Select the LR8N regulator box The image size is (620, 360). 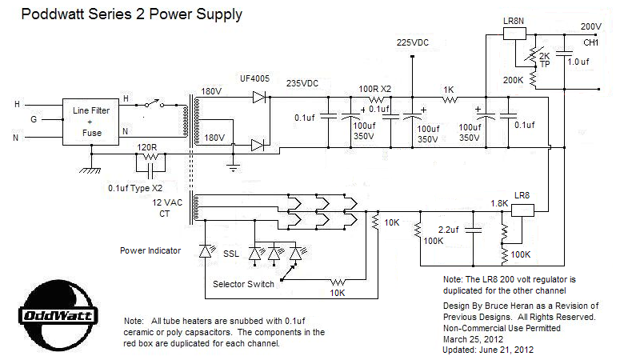513,33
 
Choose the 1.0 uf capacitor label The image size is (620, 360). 578,61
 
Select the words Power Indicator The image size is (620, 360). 151,251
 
